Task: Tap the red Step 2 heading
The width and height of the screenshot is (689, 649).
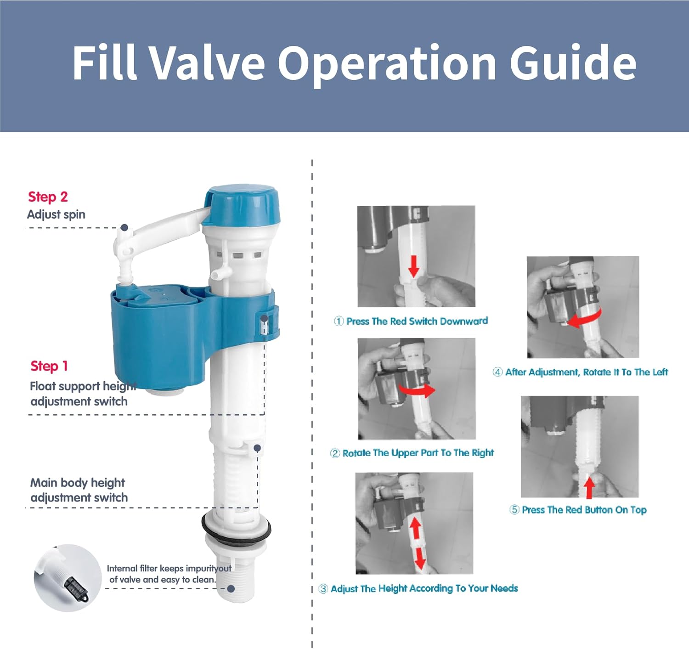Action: point(48,197)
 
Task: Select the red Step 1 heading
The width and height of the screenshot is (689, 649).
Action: point(49,366)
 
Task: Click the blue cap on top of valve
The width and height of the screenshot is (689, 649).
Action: point(242,204)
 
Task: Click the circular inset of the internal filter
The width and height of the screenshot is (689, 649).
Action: point(68,578)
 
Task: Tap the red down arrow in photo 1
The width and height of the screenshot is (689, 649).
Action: point(413,266)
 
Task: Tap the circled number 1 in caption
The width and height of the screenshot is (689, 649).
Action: point(339,321)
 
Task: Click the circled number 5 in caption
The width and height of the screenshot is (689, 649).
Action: point(514,510)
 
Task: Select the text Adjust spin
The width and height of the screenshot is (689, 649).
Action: point(56,214)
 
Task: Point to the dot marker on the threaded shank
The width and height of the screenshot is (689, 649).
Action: point(231,588)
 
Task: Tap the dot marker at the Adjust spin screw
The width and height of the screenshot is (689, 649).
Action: point(124,227)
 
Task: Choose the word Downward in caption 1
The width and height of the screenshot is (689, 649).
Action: point(463,321)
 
